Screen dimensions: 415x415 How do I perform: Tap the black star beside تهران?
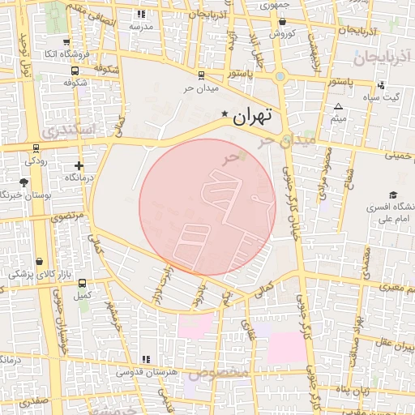[225, 115]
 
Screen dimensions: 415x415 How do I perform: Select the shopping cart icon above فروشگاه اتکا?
[65, 41]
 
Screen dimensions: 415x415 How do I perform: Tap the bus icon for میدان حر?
[200, 74]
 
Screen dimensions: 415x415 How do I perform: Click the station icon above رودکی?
[36, 149]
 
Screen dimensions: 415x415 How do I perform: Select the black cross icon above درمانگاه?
[79, 165]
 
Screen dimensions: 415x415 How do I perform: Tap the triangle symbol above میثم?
[339, 106]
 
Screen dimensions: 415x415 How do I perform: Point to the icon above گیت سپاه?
[381, 85]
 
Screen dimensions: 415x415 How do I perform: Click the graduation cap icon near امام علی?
[393, 195]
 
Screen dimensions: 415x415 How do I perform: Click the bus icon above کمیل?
[82, 284]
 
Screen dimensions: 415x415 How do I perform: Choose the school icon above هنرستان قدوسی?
[146, 359]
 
